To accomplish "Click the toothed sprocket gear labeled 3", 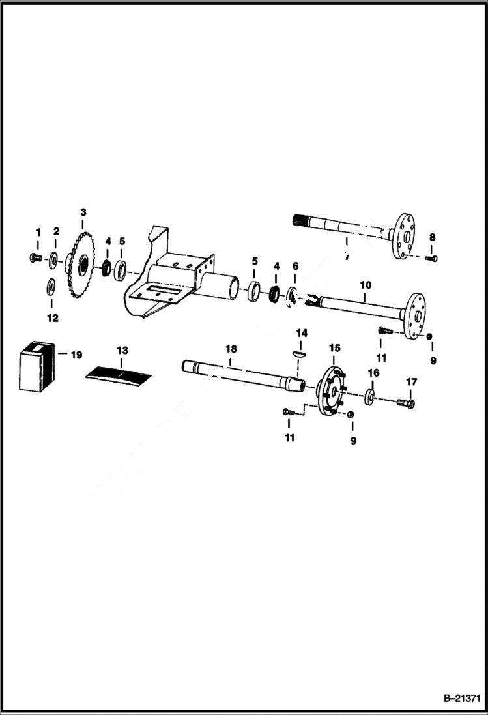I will pyautogui.click(x=83, y=265).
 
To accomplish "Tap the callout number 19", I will pyautogui.click(x=77, y=355).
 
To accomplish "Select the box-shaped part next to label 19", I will pyautogui.click(x=38, y=369).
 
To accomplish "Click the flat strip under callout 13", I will pyautogui.click(x=119, y=373).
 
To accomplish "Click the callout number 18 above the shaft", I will pyautogui.click(x=231, y=349).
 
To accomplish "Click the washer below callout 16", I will pyautogui.click(x=370, y=398).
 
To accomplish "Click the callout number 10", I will pyautogui.click(x=365, y=285).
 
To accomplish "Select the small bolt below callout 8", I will pyautogui.click(x=431, y=259).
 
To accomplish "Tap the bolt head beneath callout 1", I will pyautogui.click(x=37, y=259).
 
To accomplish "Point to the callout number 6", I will pyautogui.click(x=295, y=266).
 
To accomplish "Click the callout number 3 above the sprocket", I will pyautogui.click(x=83, y=212).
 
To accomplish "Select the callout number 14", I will pyautogui.click(x=301, y=333).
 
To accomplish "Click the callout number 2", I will pyautogui.click(x=56, y=231).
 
